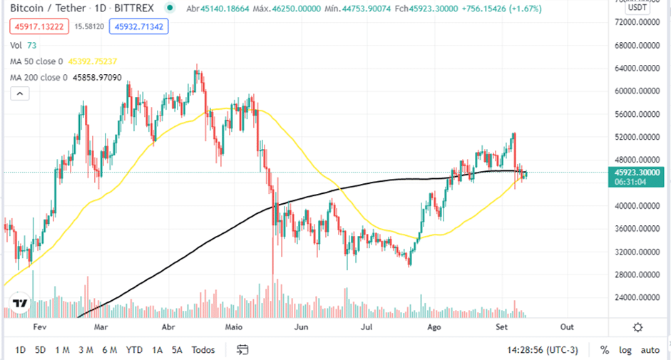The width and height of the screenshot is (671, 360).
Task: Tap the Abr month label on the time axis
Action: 169,326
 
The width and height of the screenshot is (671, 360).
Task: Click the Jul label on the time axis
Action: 367,326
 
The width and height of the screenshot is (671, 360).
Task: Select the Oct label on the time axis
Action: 567,326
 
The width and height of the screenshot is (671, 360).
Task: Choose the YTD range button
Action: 133,350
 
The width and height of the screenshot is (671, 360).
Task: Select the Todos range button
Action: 203,350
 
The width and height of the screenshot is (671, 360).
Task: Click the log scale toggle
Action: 625,350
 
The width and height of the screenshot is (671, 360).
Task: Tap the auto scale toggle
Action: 650,350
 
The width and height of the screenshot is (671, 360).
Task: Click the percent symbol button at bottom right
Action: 605,350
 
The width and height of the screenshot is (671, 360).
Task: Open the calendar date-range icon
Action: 242,350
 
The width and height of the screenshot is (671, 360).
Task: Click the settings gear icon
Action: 637,326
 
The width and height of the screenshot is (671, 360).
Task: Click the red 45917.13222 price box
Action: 40,27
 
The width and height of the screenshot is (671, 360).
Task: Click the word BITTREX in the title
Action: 134,9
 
